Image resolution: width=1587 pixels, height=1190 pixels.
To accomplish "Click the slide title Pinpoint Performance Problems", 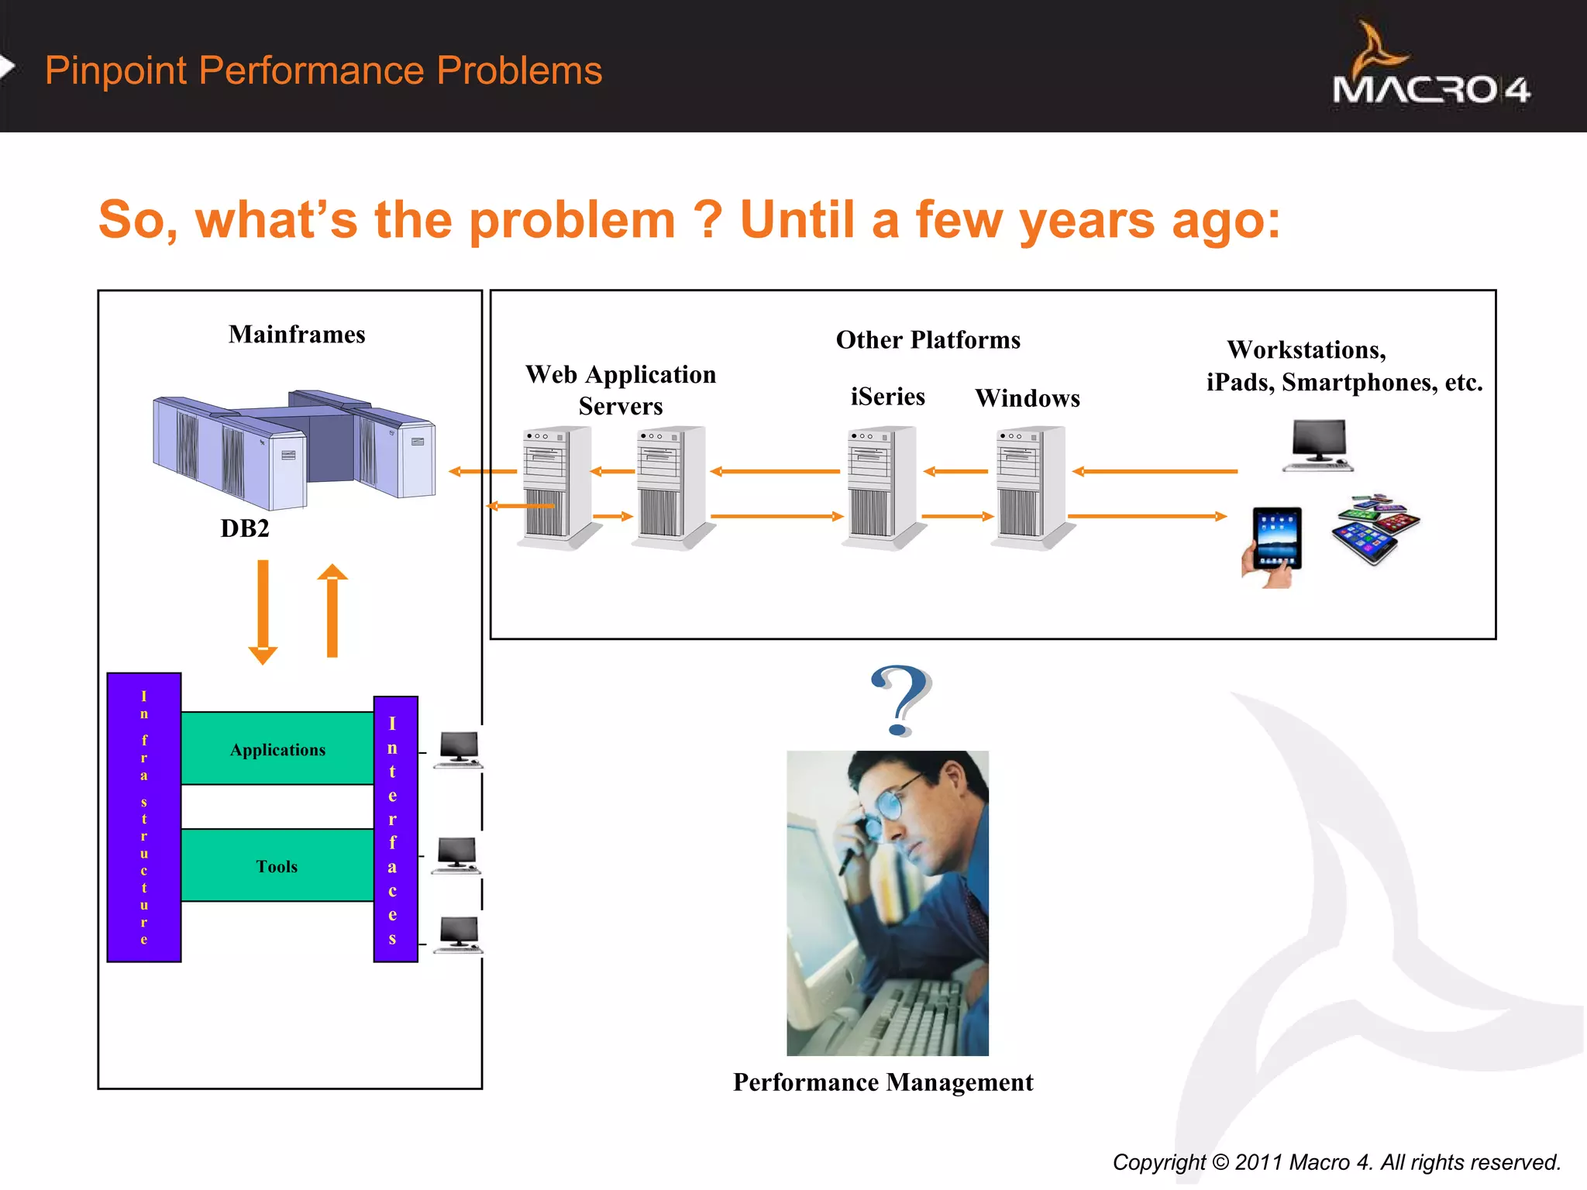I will coord(323,71).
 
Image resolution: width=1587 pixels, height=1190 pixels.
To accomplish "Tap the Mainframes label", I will coord(297,335).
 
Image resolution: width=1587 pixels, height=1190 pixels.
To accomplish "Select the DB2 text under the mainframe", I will coord(245,528).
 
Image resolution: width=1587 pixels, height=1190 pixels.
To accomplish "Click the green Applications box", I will coord(277,748).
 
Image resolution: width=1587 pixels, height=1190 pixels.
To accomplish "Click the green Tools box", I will coord(277,865).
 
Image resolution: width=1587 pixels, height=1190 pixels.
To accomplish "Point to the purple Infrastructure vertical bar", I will coord(144,817).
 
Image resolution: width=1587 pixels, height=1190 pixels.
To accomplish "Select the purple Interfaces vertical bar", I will coord(395,829).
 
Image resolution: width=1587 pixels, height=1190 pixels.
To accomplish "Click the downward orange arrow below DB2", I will coord(263,612).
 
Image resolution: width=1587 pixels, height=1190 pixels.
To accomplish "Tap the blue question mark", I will coord(900,700).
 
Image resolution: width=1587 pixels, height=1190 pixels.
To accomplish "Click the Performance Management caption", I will coord(883,1082).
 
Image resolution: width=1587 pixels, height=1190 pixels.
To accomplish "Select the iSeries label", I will coord(888,397).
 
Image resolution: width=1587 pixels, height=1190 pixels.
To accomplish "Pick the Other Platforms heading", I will coord(928,340).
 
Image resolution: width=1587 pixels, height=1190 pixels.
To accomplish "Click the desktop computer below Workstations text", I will coord(1318,445).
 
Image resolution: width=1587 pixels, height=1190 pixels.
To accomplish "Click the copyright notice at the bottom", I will coord(1336,1162).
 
